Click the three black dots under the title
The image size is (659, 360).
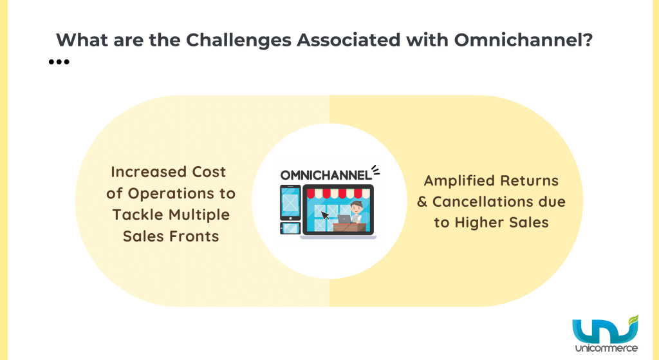click(59, 62)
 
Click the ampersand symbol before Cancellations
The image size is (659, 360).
click(422, 202)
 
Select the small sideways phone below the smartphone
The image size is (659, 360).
click(290, 227)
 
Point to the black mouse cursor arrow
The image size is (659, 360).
click(327, 215)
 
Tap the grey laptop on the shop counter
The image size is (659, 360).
click(348, 219)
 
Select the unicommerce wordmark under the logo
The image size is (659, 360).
click(607, 348)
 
